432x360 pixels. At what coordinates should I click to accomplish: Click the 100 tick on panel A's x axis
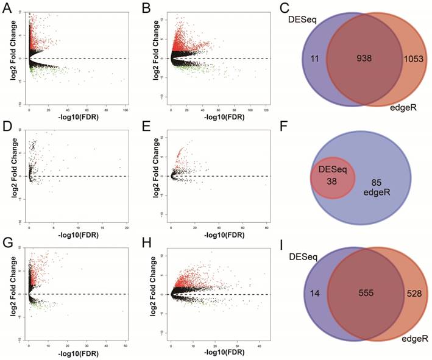click(125, 108)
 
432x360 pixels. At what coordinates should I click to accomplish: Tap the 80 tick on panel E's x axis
click(266, 226)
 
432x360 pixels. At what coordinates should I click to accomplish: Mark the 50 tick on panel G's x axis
click(125, 344)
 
